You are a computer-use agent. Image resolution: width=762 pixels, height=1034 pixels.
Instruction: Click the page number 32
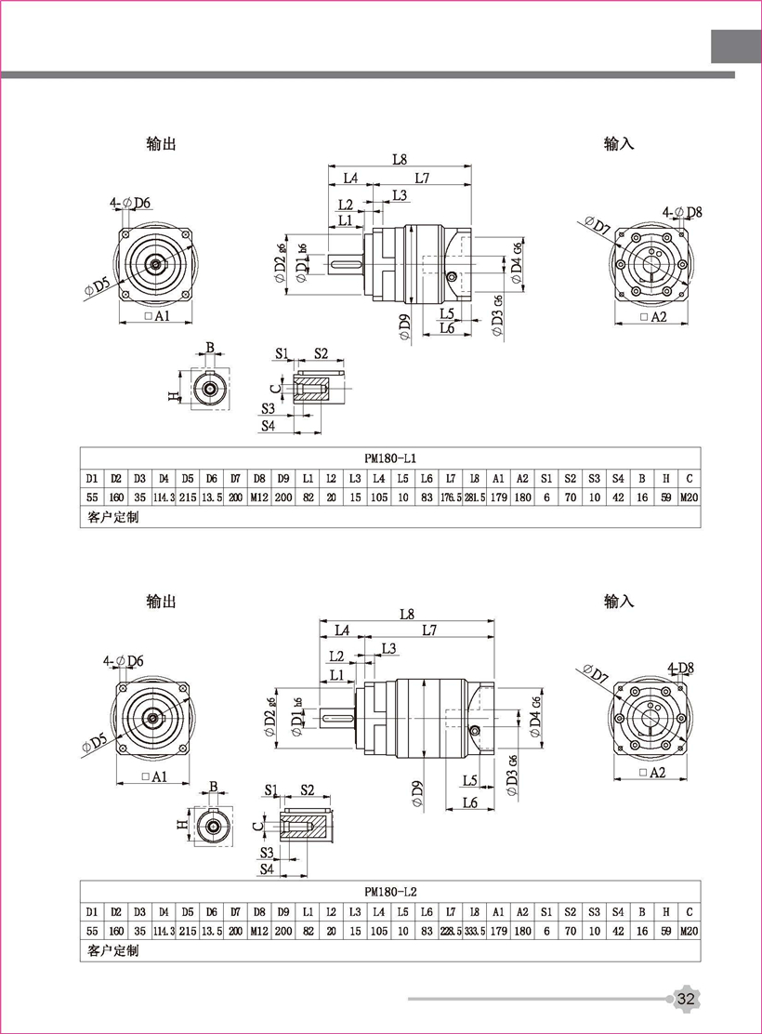click(687, 999)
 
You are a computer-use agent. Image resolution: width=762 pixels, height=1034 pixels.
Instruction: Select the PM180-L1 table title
click(390, 458)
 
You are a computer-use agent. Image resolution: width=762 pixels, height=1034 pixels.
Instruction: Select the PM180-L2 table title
click(390, 892)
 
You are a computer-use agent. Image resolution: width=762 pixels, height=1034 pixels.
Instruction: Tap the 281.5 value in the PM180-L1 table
click(475, 497)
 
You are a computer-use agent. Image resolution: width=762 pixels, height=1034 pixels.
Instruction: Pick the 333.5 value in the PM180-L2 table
click(475, 931)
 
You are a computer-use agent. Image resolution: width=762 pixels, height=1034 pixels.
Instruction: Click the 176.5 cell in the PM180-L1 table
click(451, 497)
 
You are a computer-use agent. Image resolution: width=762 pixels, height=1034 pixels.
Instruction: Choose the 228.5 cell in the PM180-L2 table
click(451, 931)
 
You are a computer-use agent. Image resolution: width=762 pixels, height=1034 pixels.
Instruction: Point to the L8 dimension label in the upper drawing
click(400, 159)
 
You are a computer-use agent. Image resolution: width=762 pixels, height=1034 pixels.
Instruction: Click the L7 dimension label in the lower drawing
click(429, 630)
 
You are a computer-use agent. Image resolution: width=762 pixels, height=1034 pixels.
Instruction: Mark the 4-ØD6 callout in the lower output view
click(125, 661)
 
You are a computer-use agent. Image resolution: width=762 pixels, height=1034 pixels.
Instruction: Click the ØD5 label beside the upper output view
click(99, 286)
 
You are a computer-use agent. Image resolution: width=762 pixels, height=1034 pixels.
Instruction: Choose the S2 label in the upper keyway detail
click(321, 353)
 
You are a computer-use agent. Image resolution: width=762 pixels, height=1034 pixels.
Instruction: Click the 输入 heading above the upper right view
click(619, 144)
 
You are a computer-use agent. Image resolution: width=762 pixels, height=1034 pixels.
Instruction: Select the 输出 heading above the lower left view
click(161, 602)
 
